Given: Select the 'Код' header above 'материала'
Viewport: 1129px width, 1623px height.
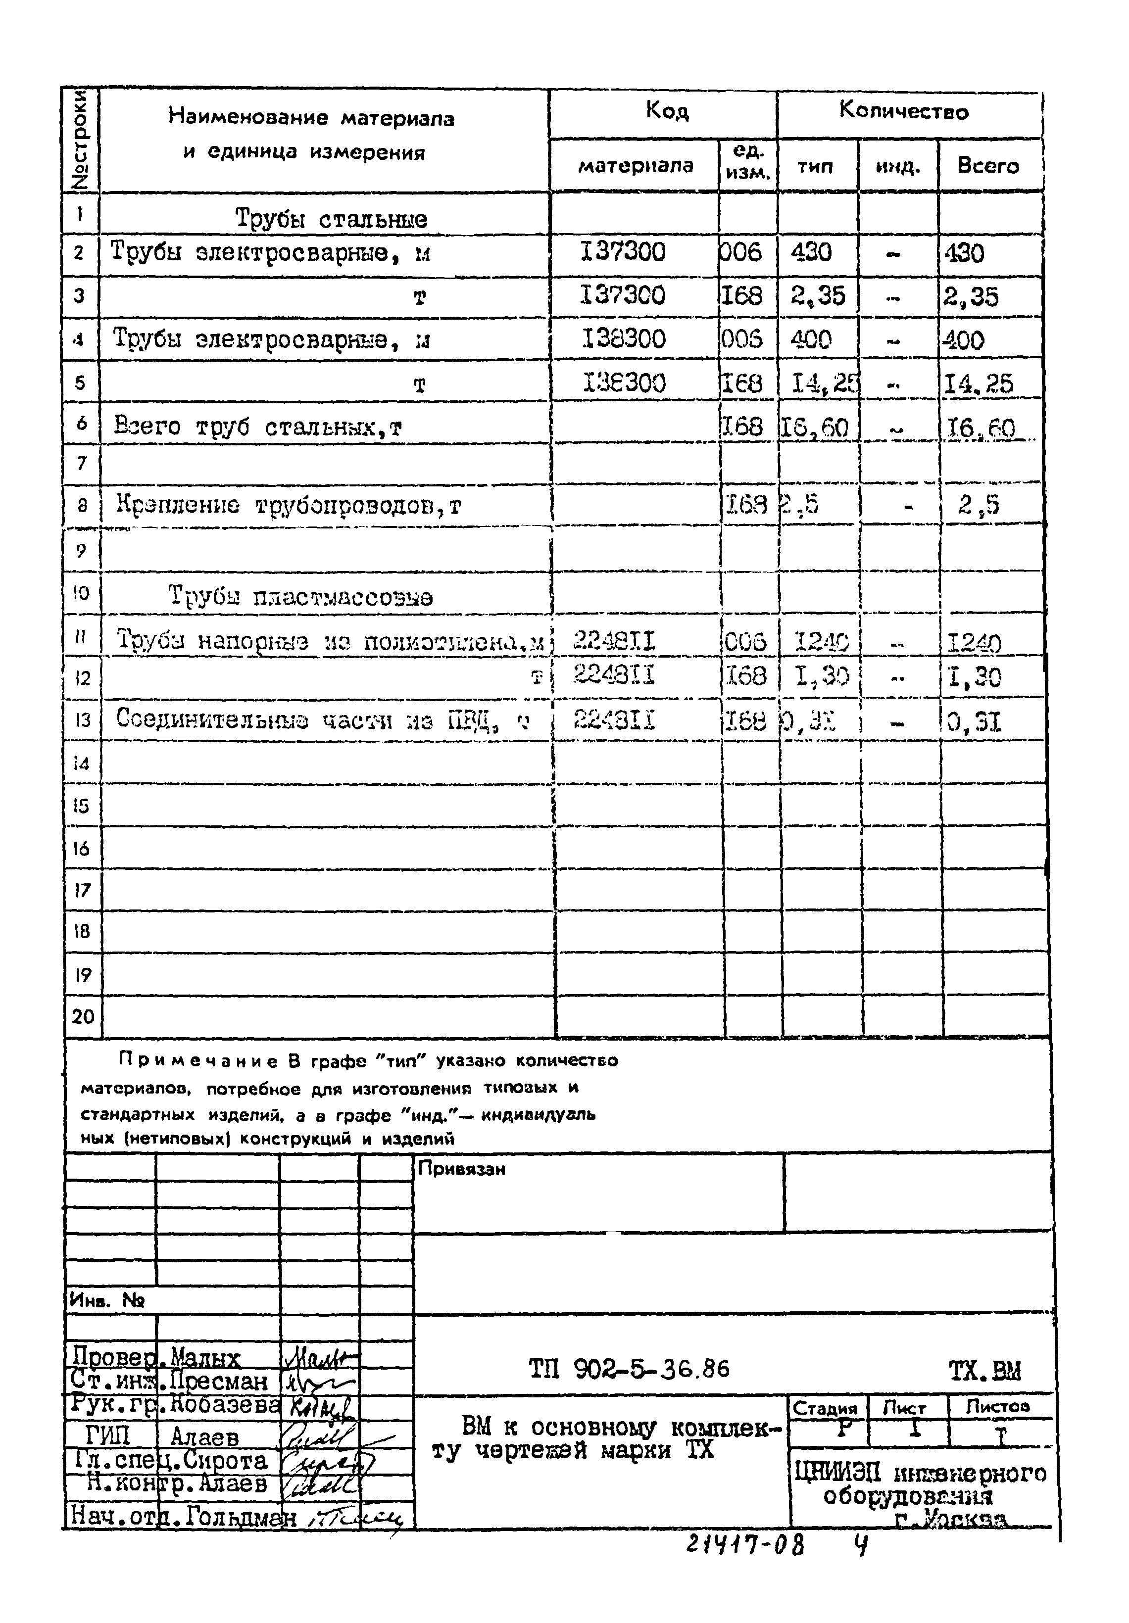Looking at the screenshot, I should [667, 110].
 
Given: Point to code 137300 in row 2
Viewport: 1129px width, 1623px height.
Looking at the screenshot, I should [623, 252].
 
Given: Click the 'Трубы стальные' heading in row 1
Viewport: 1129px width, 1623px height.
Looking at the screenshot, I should [331, 218].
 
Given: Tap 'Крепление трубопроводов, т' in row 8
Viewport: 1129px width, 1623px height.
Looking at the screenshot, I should [289, 505].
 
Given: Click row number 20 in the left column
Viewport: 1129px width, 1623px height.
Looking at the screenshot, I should [83, 1016].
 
